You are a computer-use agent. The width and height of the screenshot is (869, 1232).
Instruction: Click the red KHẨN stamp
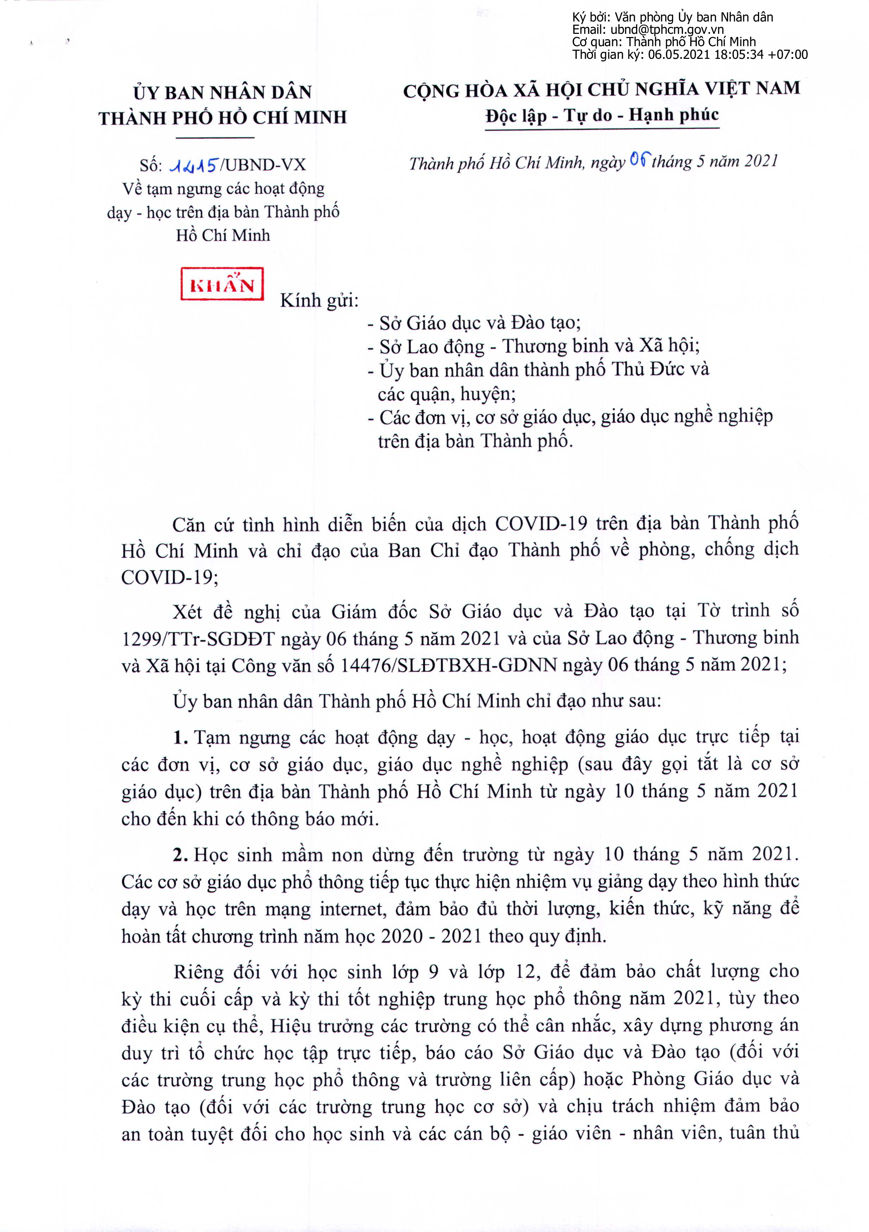[x=222, y=283]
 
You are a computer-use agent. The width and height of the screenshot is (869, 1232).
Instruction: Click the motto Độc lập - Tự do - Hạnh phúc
[x=602, y=115]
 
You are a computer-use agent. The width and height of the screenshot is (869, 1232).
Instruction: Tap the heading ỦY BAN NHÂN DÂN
[x=223, y=92]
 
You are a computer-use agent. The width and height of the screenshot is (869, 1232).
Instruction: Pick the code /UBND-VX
[x=262, y=165]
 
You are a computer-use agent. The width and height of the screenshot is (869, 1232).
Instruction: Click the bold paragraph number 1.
[x=180, y=738]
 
